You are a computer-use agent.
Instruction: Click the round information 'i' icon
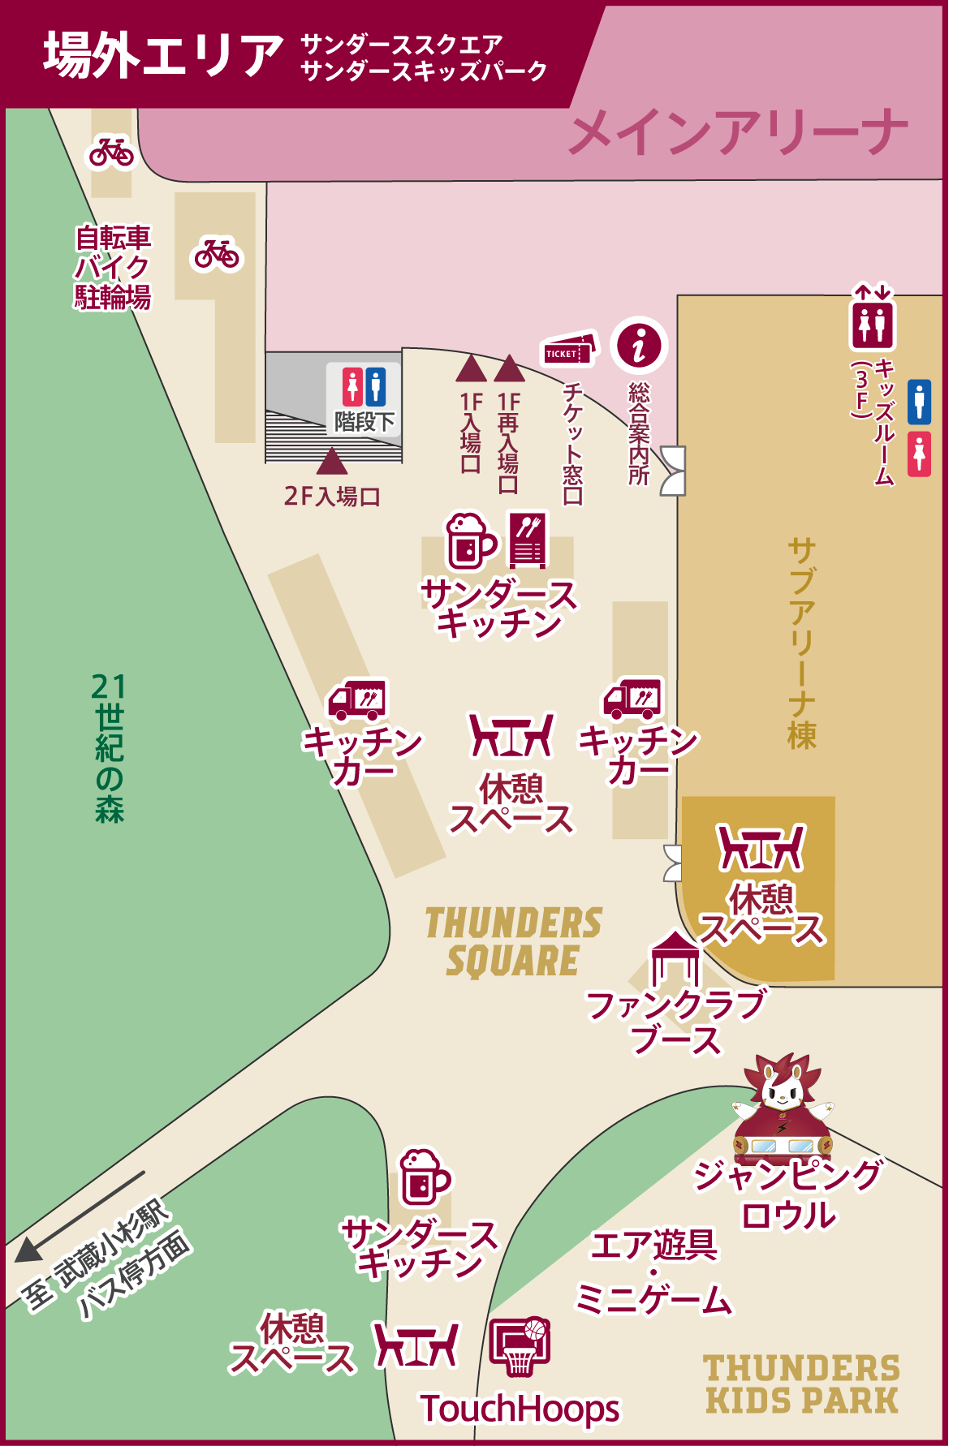pyautogui.click(x=640, y=345)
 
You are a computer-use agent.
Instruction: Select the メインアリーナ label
pyautogui.click(x=737, y=133)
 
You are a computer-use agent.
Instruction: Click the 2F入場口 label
pyautogui.click(x=332, y=496)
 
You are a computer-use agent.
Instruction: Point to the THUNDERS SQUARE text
pyautogui.click(x=514, y=942)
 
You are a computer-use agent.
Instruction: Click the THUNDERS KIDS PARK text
pyautogui.click(x=801, y=1384)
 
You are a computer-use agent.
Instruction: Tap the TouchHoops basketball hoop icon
pyautogui.click(x=520, y=1347)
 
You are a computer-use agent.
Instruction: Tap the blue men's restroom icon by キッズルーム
pyautogui.click(x=919, y=401)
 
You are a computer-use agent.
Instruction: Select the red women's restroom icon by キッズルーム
pyautogui.click(x=919, y=454)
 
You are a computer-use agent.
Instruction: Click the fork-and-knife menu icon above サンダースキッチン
pyautogui.click(x=528, y=539)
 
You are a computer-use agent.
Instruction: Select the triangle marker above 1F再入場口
pyautogui.click(x=509, y=368)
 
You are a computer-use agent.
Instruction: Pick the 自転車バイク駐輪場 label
pyautogui.click(x=113, y=267)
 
